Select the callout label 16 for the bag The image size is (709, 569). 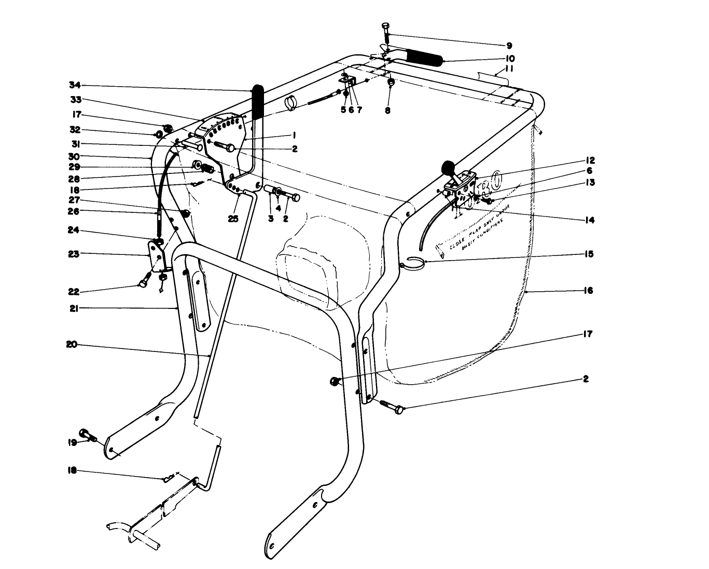[x=588, y=291]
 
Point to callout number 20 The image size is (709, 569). [x=72, y=344]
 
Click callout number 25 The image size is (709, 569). [x=233, y=219]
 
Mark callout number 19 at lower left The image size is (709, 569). [x=72, y=443]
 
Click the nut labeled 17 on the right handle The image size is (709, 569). [x=335, y=382]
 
